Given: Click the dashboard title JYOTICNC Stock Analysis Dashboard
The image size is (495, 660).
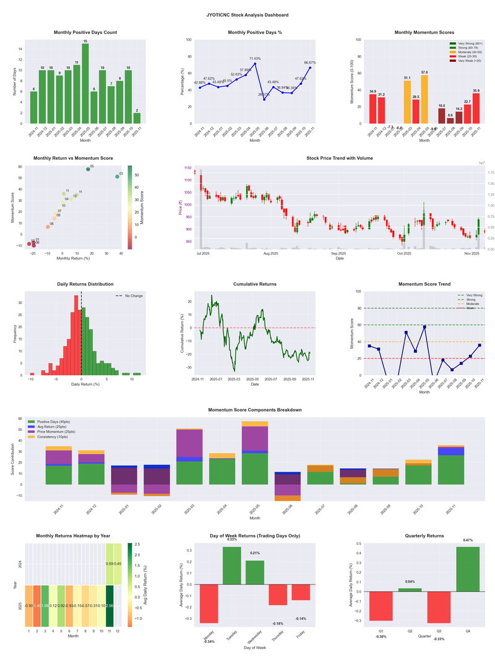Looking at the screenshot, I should pyautogui.click(x=247, y=14).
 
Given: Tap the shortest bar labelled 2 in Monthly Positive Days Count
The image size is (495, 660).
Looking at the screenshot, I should pyautogui.click(x=137, y=118).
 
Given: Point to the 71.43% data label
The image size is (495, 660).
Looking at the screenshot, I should pyautogui.click(x=254, y=58).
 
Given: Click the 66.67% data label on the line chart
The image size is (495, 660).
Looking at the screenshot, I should pyautogui.click(x=310, y=63).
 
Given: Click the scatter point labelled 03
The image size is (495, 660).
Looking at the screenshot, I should pyautogui.click(x=117, y=177).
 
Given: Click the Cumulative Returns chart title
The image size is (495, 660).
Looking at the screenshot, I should pyautogui.click(x=254, y=284).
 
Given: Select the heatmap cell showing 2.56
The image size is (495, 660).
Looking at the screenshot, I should pyautogui.click(x=110, y=606).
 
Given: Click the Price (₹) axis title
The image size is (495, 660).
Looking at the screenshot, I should pyautogui.click(x=181, y=208).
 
